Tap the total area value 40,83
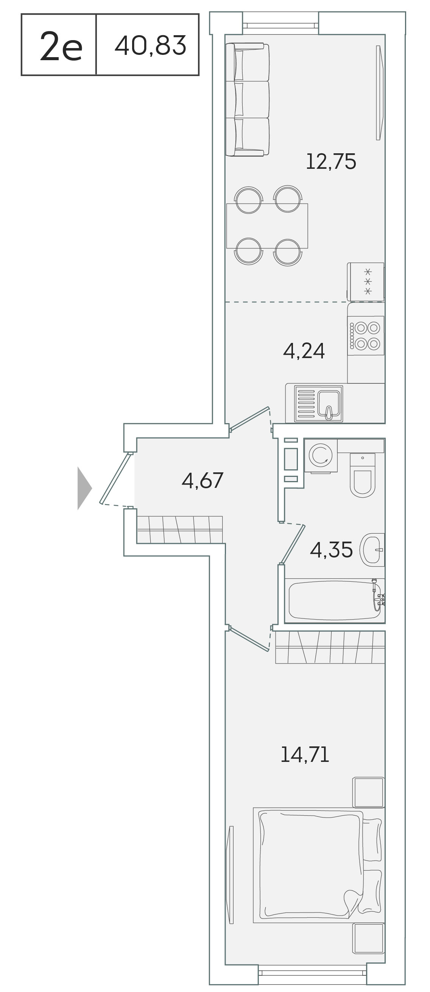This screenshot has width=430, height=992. point(151,45)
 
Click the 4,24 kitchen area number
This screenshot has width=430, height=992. point(304,351)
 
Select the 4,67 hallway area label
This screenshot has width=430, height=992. point(202,480)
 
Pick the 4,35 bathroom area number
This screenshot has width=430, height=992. point(331,550)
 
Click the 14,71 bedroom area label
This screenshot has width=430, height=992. point(305,754)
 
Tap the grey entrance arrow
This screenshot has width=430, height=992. point(85,488)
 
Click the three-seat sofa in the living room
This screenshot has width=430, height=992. point(247,100)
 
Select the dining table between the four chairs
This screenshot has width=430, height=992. point(267,226)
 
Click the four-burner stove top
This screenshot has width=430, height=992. point(365,335)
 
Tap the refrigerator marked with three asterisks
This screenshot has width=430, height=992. point(366,282)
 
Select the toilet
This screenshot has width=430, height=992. point(362,475)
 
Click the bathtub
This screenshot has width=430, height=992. point(335,600)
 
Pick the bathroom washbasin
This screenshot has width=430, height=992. point(372,550)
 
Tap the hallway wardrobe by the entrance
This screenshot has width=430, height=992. point(179,529)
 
